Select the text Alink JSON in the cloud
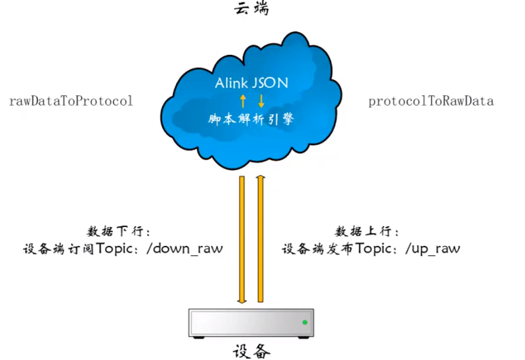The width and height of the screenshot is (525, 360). click(251, 83)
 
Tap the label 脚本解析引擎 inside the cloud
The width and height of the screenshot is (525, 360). click(251, 119)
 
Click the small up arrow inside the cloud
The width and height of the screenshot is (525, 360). click(242, 100)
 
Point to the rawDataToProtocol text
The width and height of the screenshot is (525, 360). click(71, 101)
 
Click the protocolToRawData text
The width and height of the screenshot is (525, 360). click(431, 101)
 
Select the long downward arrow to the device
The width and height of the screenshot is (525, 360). click(242, 239)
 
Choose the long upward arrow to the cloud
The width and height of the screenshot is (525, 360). click(260, 239)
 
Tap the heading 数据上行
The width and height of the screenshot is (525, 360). click(367, 231)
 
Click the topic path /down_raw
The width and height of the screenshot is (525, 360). click(187, 248)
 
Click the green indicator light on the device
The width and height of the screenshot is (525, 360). click(304, 322)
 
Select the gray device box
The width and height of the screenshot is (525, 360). click(251, 322)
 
